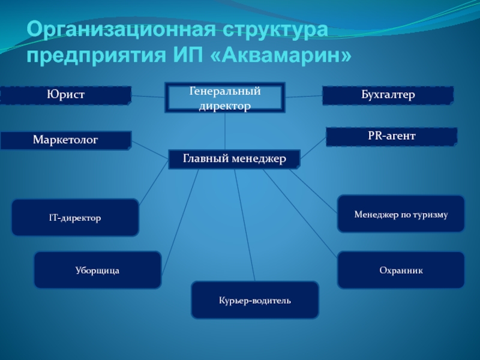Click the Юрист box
(x=66, y=95)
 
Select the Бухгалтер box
(x=388, y=95)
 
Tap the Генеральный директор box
(x=225, y=98)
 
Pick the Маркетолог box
(x=66, y=140)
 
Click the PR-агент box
(x=392, y=137)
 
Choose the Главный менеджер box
(x=234, y=159)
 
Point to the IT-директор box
(x=75, y=217)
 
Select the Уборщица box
(x=98, y=270)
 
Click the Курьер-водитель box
(x=255, y=300)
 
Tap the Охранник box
(x=401, y=270)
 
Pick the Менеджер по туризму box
(x=401, y=214)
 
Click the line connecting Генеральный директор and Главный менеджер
(x=225, y=131)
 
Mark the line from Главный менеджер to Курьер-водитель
(x=245, y=225)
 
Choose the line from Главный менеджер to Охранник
(x=300, y=213)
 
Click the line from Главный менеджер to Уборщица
(x=180, y=221)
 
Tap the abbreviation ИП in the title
(x=188, y=55)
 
